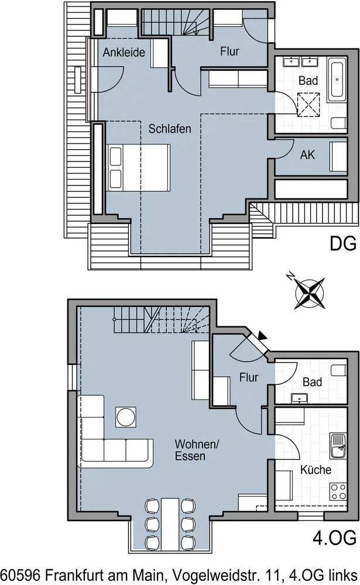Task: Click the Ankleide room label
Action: tap(124, 52)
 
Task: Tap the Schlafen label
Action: tap(170, 129)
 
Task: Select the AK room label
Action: tap(307, 155)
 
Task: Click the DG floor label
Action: tap(343, 243)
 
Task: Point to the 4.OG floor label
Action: tap(334, 538)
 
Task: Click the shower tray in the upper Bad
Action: tap(309, 105)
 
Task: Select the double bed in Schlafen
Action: tap(139, 168)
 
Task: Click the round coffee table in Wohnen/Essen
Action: tap(126, 417)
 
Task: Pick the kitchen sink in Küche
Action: tap(338, 446)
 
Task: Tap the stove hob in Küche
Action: tap(338, 491)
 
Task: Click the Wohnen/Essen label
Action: tap(197, 450)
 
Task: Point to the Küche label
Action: tap(316, 469)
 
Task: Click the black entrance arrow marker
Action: tap(263, 336)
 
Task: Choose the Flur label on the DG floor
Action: tap(229, 51)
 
